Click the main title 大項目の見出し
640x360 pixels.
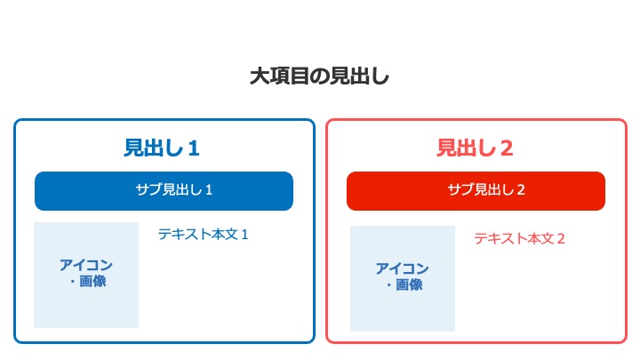[x=320, y=76]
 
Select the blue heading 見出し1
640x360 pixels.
[x=162, y=148]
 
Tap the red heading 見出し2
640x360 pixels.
[x=475, y=148]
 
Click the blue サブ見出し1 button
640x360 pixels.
[x=164, y=191]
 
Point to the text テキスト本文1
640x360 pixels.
[x=204, y=235]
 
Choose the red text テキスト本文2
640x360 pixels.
[x=520, y=238]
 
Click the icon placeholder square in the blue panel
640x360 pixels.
[x=86, y=275]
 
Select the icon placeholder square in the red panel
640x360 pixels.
[x=403, y=278]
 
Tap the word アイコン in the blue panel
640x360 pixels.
[x=86, y=265]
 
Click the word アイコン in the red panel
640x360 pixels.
[x=403, y=268]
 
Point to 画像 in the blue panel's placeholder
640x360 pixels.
[x=92, y=281]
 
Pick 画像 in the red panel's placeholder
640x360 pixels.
[x=409, y=284]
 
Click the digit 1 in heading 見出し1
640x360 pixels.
[x=194, y=148]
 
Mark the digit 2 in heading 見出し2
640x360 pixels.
[x=507, y=148]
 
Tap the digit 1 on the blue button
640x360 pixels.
[x=209, y=190]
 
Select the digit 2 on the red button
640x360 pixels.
[x=521, y=190]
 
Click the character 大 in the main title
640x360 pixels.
[x=259, y=76]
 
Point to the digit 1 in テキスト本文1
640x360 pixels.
[x=245, y=235]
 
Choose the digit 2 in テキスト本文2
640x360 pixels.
[x=561, y=239]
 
